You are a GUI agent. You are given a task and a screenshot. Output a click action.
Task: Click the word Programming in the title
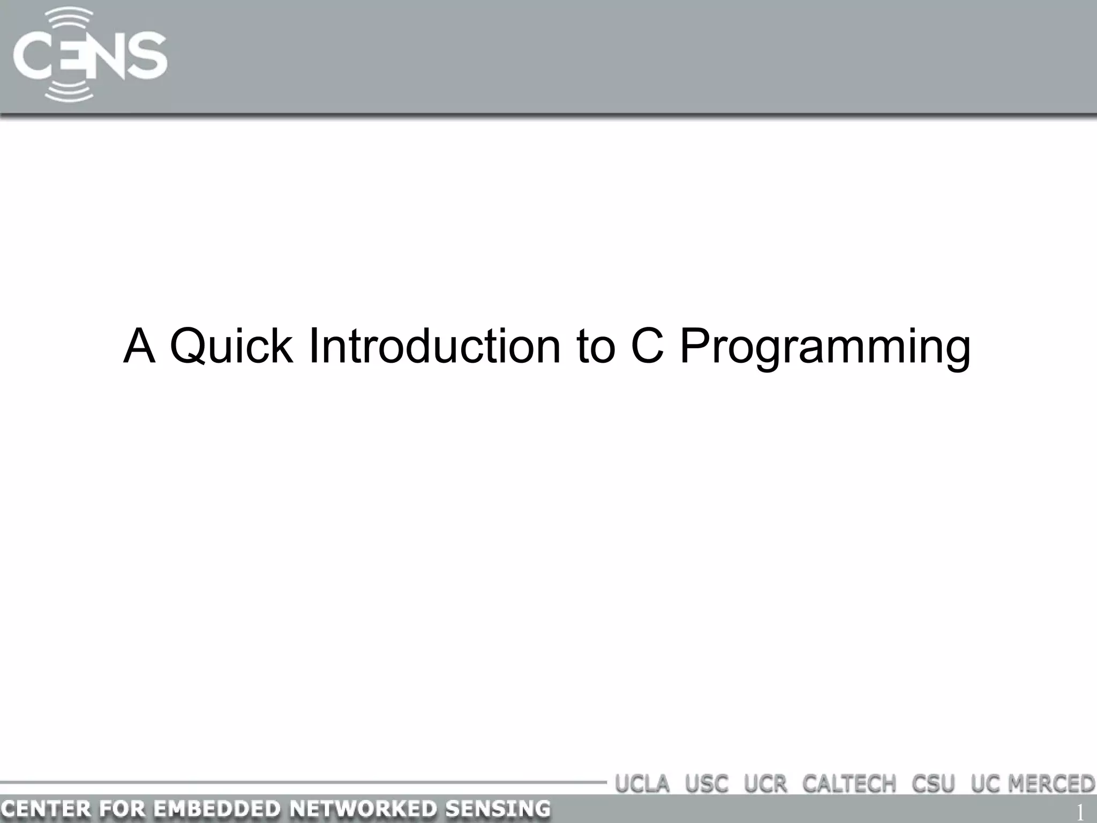[825, 347]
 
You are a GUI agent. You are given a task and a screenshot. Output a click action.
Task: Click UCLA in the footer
[642, 784]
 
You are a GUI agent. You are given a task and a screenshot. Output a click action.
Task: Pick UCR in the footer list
[765, 784]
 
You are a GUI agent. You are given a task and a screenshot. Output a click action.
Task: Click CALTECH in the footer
[849, 784]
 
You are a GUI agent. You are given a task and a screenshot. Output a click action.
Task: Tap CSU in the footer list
[933, 784]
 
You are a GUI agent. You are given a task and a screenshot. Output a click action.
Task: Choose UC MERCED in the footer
[1033, 784]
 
